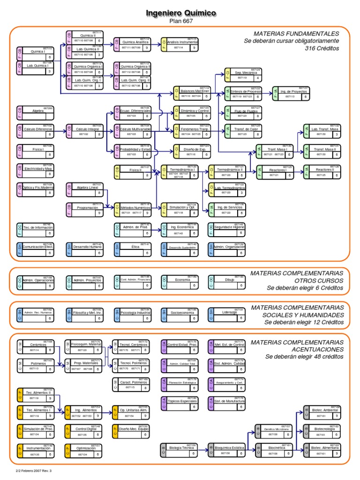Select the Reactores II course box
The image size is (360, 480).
click(x=322, y=172)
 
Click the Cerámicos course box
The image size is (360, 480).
click(x=37, y=346)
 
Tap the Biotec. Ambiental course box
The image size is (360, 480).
click(x=322, y=412)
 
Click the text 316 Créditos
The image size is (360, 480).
click(x=322, y=48)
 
